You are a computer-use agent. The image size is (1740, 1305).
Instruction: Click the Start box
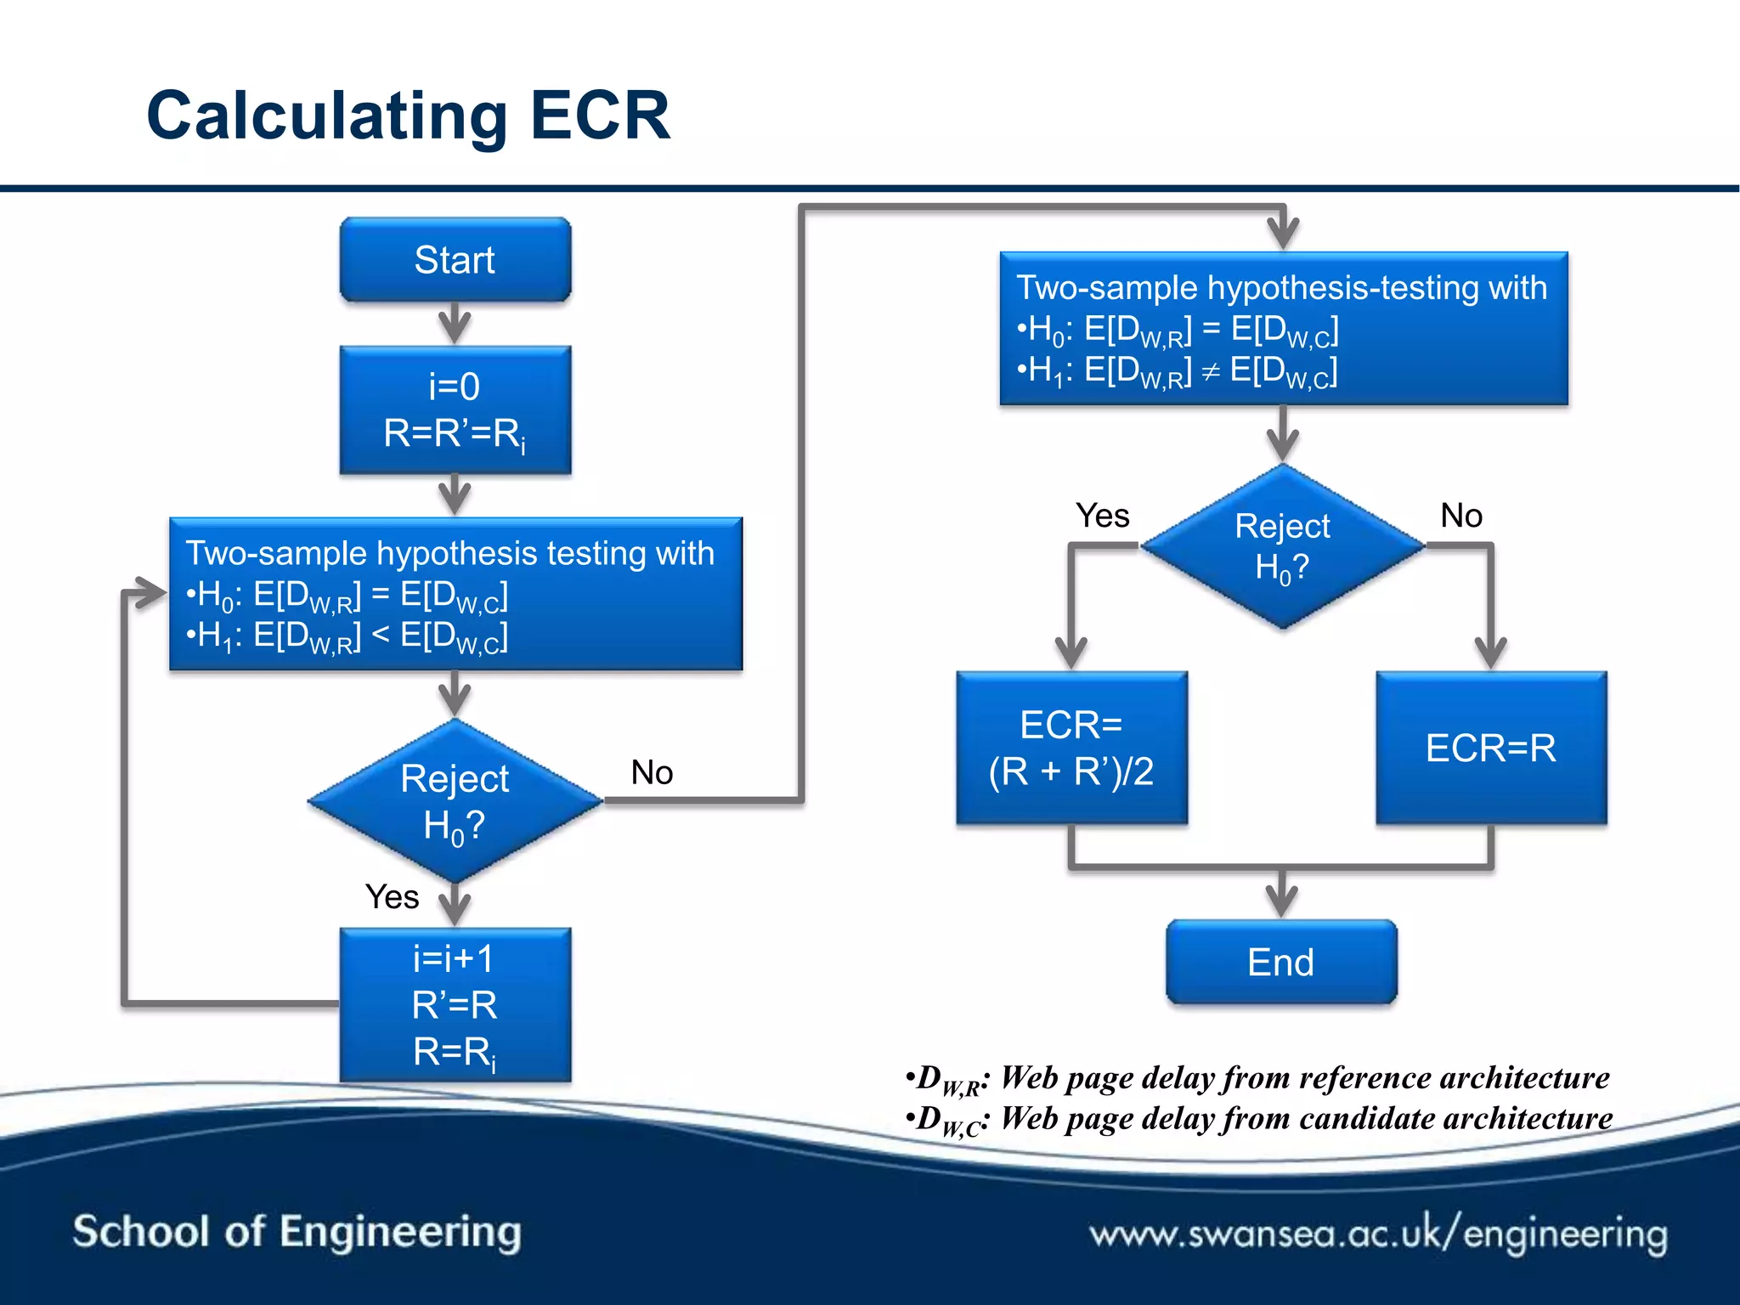pos(455,259)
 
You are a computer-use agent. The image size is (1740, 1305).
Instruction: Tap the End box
pos(1281,962)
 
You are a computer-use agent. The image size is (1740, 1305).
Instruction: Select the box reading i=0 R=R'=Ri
pos(455,410)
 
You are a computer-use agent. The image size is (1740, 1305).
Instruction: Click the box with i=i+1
pos(455,1004)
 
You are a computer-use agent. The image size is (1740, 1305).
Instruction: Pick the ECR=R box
pos(1491,748)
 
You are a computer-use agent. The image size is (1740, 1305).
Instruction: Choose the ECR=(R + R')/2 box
pos(1071,748)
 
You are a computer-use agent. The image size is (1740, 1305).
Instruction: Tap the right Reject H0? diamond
pos(1282,546)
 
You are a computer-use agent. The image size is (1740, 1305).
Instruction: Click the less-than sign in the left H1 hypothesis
pos(381,634)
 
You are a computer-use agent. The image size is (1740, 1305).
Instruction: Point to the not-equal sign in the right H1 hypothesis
pos(1211,370)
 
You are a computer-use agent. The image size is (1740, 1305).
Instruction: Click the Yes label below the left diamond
pos(392,896)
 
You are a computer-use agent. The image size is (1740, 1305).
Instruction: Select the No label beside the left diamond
pos(652,772)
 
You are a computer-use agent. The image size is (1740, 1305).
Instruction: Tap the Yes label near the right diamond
pos(1102,516)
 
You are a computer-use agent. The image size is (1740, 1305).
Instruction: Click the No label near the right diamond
pos(1461,516)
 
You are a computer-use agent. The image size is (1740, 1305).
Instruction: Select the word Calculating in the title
pos(327,116)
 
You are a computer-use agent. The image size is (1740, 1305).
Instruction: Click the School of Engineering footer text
pos(297,1232)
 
